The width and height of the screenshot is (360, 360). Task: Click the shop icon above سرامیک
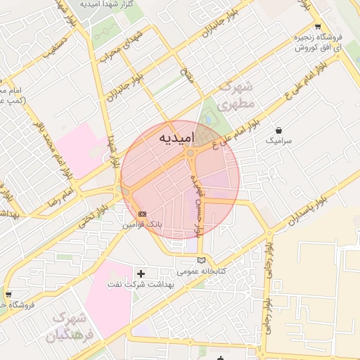(x=280, y=130)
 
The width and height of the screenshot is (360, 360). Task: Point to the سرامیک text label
(x=278, y=141)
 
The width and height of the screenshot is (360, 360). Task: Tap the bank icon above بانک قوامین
(x=143, y=214)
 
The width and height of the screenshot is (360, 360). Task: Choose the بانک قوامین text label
(x=143, y=225)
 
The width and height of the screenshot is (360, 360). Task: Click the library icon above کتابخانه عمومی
(x=202, y=261)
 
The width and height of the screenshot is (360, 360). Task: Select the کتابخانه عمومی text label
(x=201, y=271)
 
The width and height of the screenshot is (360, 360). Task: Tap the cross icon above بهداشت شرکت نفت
(x=141, y=273)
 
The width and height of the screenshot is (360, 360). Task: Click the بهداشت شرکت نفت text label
(x=140, y=283)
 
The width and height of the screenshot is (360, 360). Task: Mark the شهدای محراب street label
(x=127, y=45)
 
